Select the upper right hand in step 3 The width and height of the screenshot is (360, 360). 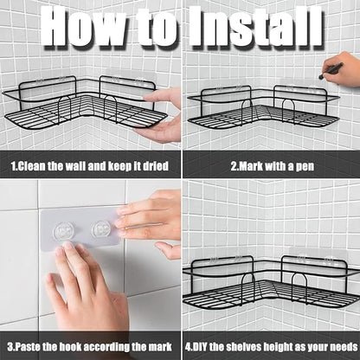click(x=151, y=223)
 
